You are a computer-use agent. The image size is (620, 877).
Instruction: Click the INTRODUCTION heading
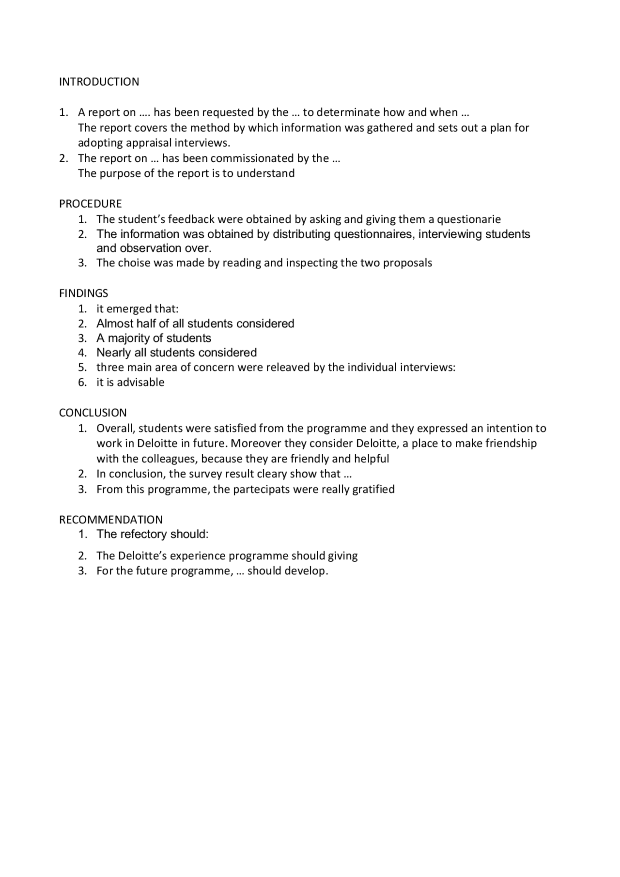tap(99, 82)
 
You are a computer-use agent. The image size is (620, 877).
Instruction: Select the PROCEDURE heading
tap(91, 204)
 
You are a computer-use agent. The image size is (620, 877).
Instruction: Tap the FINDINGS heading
tap(84, 293)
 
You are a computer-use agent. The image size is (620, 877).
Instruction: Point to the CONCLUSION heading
tap(93, 413)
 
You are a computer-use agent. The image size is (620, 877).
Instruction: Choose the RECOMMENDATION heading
tap(111, 520)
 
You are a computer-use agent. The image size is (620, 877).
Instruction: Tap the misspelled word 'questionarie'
tap(468, 219)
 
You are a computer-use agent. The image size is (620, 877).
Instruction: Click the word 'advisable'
tap(140, 383)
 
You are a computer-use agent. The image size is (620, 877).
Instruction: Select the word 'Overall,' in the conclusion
tap(116, 429)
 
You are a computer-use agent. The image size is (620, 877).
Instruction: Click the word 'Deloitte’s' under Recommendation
tap(142, 556)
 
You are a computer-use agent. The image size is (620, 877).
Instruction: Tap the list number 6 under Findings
tap(82, 383)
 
